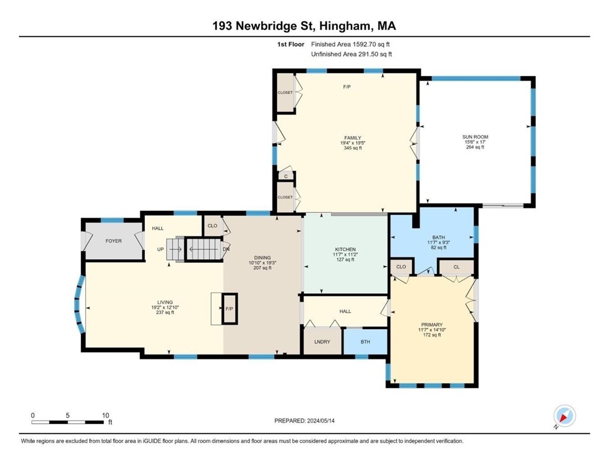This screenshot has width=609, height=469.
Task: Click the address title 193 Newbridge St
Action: pyautogui.click(x=304, y=26)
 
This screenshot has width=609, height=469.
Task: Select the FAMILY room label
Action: pyautogui.click(x=353, y=138)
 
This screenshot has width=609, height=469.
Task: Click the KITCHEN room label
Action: pyautogui.click(x=344, y=249)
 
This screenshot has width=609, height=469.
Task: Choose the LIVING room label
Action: pyautogui.click(x=165, y=302)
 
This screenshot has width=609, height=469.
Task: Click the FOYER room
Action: pyautogui.click(x=113, y=241)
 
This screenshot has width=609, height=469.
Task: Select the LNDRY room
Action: pyautogui.click(x=322, y=342)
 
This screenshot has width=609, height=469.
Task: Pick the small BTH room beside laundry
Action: pyautogui.click(x=365, y=342)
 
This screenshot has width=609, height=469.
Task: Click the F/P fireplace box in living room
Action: pyautogui.click(x=228, y=308)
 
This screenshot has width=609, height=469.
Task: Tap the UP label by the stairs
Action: pyautogui.click(x=161, y=250)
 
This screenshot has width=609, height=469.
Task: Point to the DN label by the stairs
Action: pyautogui.click(x=226, y=250)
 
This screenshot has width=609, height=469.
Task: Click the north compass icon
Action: pyautogui.click(x=564, y=416)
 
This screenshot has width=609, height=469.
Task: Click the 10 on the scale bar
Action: pyautogui.click(x=105, y=415)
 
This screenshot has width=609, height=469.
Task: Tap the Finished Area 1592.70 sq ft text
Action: pyautogui.click(x=350, y=45)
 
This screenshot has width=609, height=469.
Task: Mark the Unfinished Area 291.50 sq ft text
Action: pyautogui.click(x=351, y=54)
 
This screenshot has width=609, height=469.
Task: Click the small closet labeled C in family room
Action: pyautogui.click(x=285, y=176)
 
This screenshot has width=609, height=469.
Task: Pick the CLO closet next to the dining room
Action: pyautogui.click(x=212, y=226)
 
